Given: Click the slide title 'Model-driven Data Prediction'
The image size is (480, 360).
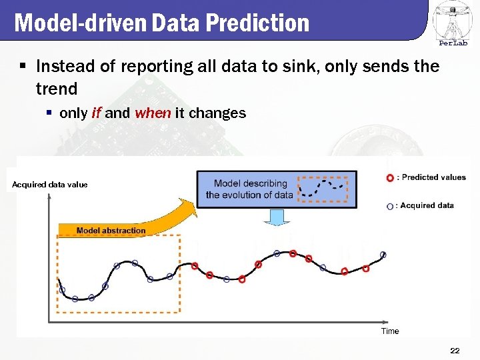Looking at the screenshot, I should (162, 23).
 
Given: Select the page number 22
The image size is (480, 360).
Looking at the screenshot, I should (455, 351).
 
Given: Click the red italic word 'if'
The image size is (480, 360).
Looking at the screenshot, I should (96, 113).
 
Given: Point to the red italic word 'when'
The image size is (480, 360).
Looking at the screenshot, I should (153, 113).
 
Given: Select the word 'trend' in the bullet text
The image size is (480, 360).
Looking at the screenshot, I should (57, 88).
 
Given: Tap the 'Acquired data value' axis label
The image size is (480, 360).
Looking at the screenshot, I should (49, 185).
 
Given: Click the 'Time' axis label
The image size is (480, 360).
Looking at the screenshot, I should (390, 331).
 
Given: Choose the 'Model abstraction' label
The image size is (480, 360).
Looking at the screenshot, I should (111, 231).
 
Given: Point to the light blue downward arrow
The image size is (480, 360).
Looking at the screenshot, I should (276, 217).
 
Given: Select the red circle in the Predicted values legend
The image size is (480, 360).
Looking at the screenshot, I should (389, 178).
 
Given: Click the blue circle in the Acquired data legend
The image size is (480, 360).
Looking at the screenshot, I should (389, 206).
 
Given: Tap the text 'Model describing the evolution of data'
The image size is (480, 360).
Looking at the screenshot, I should (249, 189).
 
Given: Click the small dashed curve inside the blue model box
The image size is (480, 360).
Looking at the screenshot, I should (323, 189).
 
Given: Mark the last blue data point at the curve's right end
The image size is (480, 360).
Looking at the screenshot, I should (383, 254).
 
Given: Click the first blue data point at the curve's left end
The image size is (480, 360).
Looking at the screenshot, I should (62, 290).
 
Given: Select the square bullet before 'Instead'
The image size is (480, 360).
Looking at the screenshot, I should (23, 67).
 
